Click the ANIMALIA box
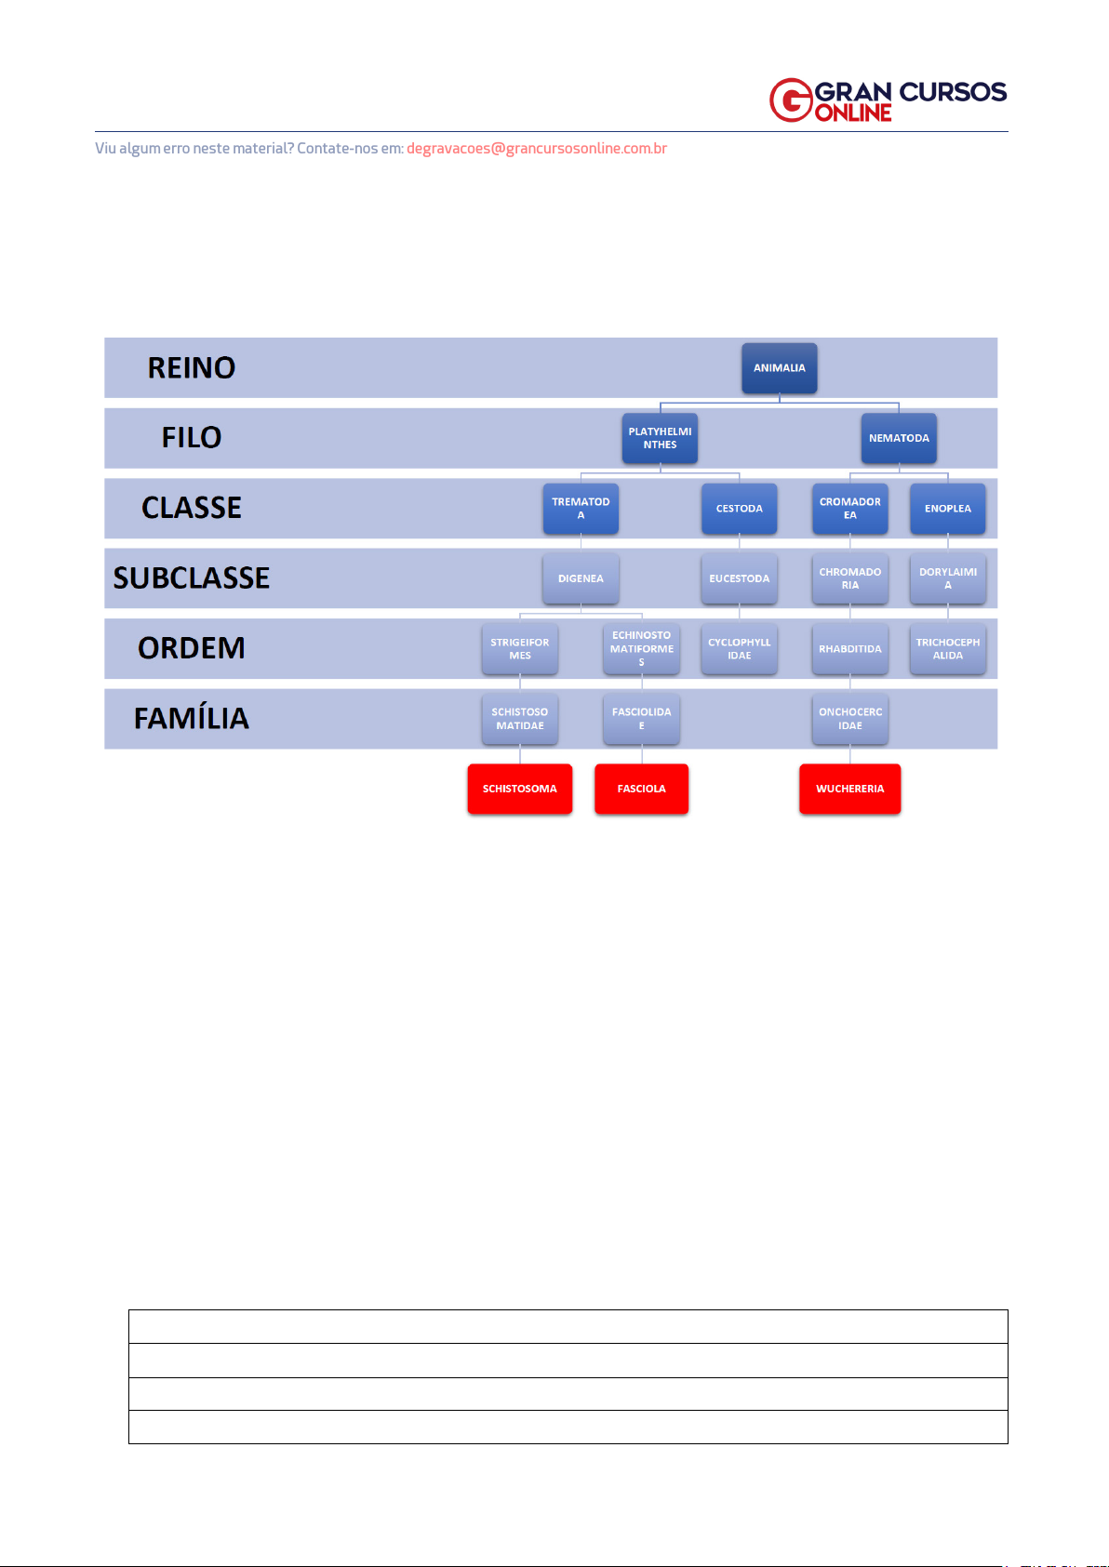tap(779, 368)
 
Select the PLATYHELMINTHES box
tap(660, 438)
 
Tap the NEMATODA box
tap(899, 438)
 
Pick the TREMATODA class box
tap(581, 509)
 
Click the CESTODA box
tap(739, 509)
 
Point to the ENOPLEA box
tap(947, 509)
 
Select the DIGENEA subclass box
tap(581, 578)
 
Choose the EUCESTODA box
tap(739, 578)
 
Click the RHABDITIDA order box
tap(849, 649)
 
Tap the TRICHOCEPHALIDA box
tap(947, 649)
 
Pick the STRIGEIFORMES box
tap(520, 649)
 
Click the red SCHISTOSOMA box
tap(519, 789)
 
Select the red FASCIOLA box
tap(641, 789)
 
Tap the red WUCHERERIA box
tap(849, 789)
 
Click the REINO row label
tap(192, 368)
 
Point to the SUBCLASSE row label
tap(192, 578)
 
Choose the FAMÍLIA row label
tap(192, 719)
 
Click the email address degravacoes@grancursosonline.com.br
tap(537, 149)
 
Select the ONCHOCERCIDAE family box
tap(849, 719)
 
